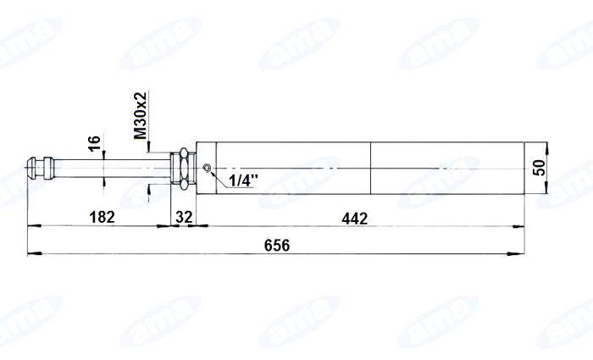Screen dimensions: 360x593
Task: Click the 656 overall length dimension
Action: pos(276,246)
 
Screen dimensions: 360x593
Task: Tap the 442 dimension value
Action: pos(354,219)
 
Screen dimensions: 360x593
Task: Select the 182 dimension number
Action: pos(103,219)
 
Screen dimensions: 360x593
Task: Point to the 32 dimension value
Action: pos(183,219)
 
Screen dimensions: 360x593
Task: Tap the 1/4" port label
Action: pos(241,180)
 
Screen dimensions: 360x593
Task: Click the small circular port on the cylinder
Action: pos(207,168)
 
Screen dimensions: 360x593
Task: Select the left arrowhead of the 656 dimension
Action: pos(32,252)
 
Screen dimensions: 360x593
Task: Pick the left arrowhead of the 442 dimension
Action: pos(200,225)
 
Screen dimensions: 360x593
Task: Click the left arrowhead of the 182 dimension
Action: pos(32,225)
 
